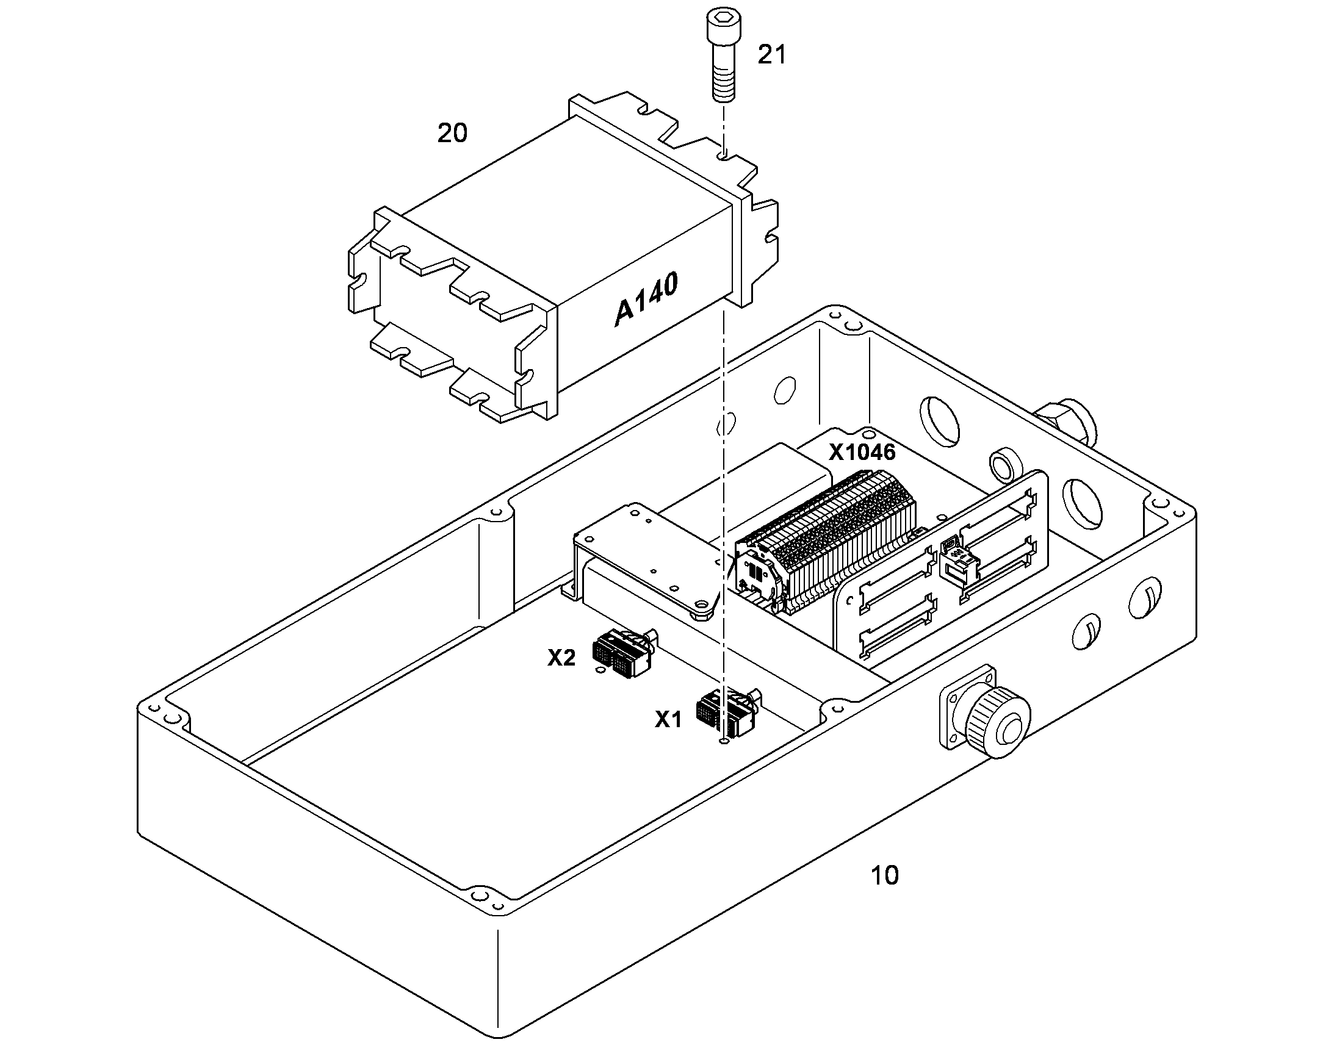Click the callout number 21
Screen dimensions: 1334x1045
[x=771, y=55]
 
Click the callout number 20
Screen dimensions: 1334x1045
[x=452, y=132]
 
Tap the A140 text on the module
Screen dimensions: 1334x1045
[x=646, y=300]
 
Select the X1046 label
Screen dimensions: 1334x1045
[x=862, y=452]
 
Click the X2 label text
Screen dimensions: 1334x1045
[x=561, y=658]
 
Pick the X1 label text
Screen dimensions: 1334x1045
[x=668, y=719]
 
